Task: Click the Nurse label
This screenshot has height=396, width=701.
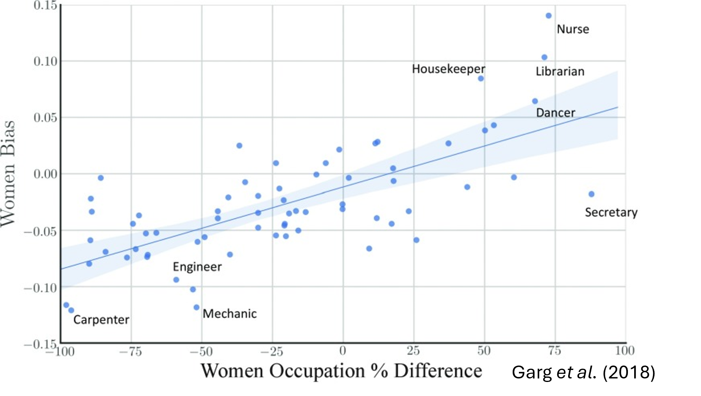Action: pyautogui.click(x=572, y=29)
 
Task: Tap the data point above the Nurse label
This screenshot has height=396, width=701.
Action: pyautogui.click(x=549, y=16)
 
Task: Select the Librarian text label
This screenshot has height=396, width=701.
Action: pyautogui.click(x=560, y=71)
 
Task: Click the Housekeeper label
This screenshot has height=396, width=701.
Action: pyautogui.click(x=448, y=69)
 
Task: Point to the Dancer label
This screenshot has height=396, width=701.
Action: pyautogui.click(x=555, y=113)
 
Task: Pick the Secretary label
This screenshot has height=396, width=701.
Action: pyautogui.click(x=611, y=212)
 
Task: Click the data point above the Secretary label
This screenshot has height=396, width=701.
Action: pyautogui.click(x=591, y=194)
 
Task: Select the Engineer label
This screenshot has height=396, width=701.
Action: pyautogui.click(x=197, y=267)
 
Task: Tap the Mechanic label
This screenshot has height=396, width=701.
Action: pyautogui.click(x=229, y=314)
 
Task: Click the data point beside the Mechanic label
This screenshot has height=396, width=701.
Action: pyautogui.click(x=197, y=307)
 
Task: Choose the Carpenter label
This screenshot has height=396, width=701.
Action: pyautogui.click(x=101, y=320)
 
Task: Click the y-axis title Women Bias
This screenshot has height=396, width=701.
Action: pyautogui.click(x=8, y=174)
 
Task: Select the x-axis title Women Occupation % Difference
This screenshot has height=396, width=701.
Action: pyautogui.click(x=341, y=371)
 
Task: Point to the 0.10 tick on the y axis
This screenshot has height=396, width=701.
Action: pyautogui.click(x=45, y=61)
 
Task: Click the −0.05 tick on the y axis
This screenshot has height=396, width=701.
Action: pyautogui.click(x=41, y=231)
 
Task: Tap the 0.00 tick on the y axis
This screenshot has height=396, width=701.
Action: pyautogui.click(x=45, y=174)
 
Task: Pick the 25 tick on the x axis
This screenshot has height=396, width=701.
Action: pyautogui.click(x=413, y=351)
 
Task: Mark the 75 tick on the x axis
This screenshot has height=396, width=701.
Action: pyautogui.click(x=554, y=351)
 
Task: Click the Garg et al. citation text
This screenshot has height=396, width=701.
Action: pyautogui.click(x=574, y=372)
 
